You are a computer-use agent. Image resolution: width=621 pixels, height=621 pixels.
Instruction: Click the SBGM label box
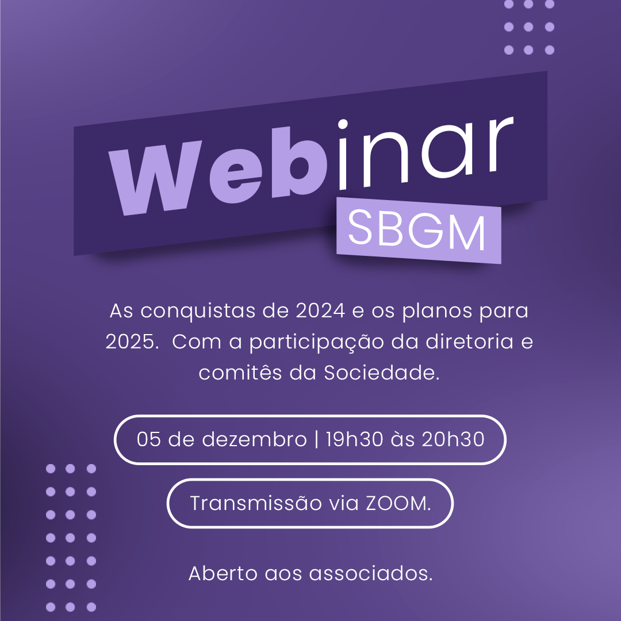(419, 230)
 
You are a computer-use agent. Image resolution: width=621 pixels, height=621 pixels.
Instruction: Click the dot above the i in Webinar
(343, 124)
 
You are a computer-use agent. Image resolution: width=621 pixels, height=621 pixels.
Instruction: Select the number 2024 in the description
(320, 310)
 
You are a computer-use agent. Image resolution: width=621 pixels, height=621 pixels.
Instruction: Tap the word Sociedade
(382, 372)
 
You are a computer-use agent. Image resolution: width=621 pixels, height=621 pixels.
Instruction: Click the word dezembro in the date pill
(254, 439)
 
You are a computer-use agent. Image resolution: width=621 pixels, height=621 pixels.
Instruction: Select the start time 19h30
(354, 439)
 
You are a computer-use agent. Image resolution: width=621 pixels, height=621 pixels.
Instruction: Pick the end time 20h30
(453, 439)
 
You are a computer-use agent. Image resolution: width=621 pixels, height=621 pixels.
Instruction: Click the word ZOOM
(398, 503)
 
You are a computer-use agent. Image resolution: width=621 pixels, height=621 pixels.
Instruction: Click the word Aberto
(223, 573)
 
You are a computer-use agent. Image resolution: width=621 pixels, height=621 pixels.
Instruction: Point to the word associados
(371, 573)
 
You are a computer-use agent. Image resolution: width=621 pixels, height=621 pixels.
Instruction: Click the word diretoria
(469, 342)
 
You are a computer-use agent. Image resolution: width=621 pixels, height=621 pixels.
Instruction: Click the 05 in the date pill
(148, 439)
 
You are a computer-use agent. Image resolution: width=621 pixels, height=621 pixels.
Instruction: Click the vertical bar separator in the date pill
(316, 439)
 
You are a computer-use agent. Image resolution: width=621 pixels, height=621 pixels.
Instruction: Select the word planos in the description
(437, 311)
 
